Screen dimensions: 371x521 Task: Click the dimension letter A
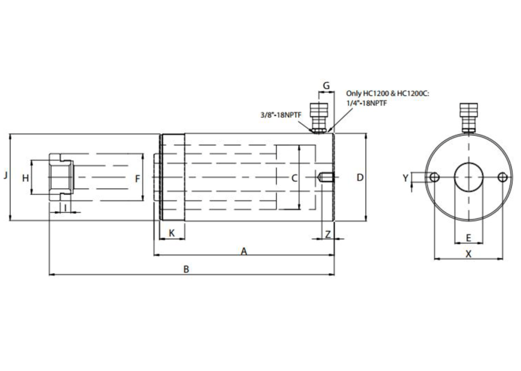(244, 251)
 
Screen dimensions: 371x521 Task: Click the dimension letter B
(186, 270)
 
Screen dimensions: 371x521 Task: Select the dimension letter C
(294, 178)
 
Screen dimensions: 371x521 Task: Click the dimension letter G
(326, 86)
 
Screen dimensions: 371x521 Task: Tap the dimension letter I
(64, 208)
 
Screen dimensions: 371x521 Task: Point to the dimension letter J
(5, 176)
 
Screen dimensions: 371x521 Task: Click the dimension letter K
(172, 233)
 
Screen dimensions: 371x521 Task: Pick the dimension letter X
(469, 254)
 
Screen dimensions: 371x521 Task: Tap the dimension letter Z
(327, 233)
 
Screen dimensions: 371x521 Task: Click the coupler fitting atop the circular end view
(468, 116)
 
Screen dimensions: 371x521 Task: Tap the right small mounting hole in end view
(502, 177)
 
